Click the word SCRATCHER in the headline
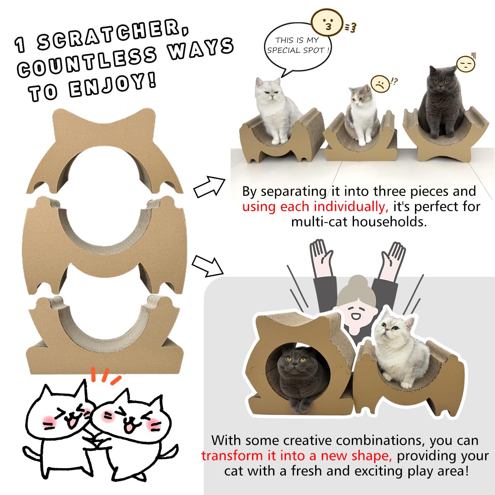113,33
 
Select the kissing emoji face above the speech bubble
327,22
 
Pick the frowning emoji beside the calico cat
380,83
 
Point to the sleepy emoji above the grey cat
465,64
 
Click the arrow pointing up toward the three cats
210,187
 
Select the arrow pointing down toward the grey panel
207,266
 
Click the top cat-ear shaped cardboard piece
104,151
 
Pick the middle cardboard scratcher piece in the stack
104,245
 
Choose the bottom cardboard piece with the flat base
105,335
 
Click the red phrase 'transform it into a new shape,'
297,456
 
